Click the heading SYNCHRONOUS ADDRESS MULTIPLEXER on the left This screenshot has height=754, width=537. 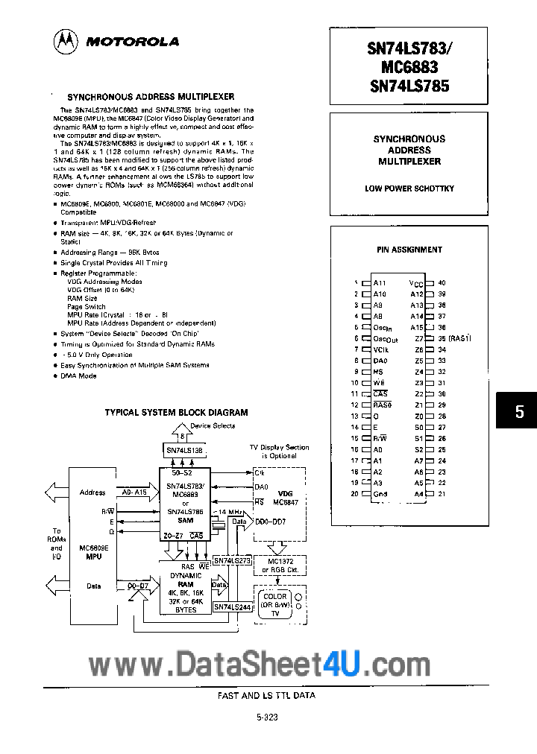pyautogui.click(x=151, y=96)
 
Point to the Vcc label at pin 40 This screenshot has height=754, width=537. pyautogui.click(x=416, y=283)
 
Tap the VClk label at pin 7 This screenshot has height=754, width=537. pyautogui.click(x=380, y=349)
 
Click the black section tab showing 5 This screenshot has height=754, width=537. pyautogui.click(x=519, y=411)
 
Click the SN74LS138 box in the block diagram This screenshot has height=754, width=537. pyautogui.click(x=183, y=451)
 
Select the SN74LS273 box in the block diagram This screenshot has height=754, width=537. pyautogui.click(x=232, y=560)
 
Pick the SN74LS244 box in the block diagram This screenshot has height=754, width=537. pyautogui.click(x=232, y=606)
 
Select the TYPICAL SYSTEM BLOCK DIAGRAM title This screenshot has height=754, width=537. pyautogui.click(x=176, y=412)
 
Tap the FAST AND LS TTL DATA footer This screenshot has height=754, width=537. pyautogui.click(x=268, y=694)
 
